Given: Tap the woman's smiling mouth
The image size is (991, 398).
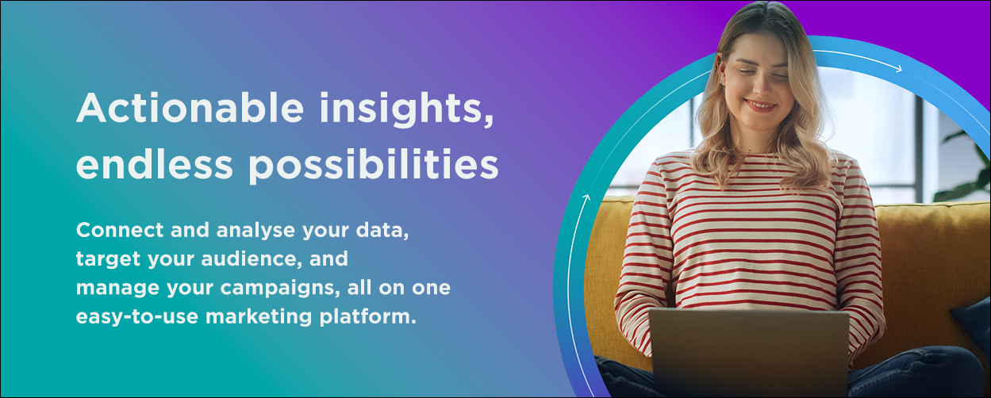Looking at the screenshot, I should [760, 105].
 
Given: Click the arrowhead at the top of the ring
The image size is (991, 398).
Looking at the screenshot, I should [899, 70].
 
